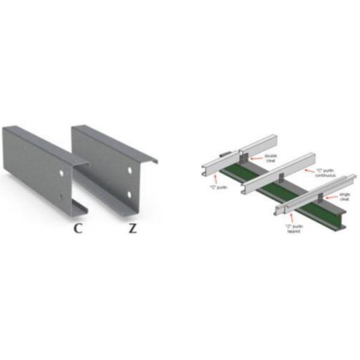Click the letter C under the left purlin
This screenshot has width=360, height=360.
(x=78, y=228)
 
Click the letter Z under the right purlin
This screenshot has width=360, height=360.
(x=133, y=228)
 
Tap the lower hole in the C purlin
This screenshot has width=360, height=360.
(x=62, y=197)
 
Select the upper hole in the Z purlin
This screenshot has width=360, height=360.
(x=128, y=172)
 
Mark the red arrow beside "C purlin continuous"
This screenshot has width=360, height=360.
(x=308, y=170)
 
